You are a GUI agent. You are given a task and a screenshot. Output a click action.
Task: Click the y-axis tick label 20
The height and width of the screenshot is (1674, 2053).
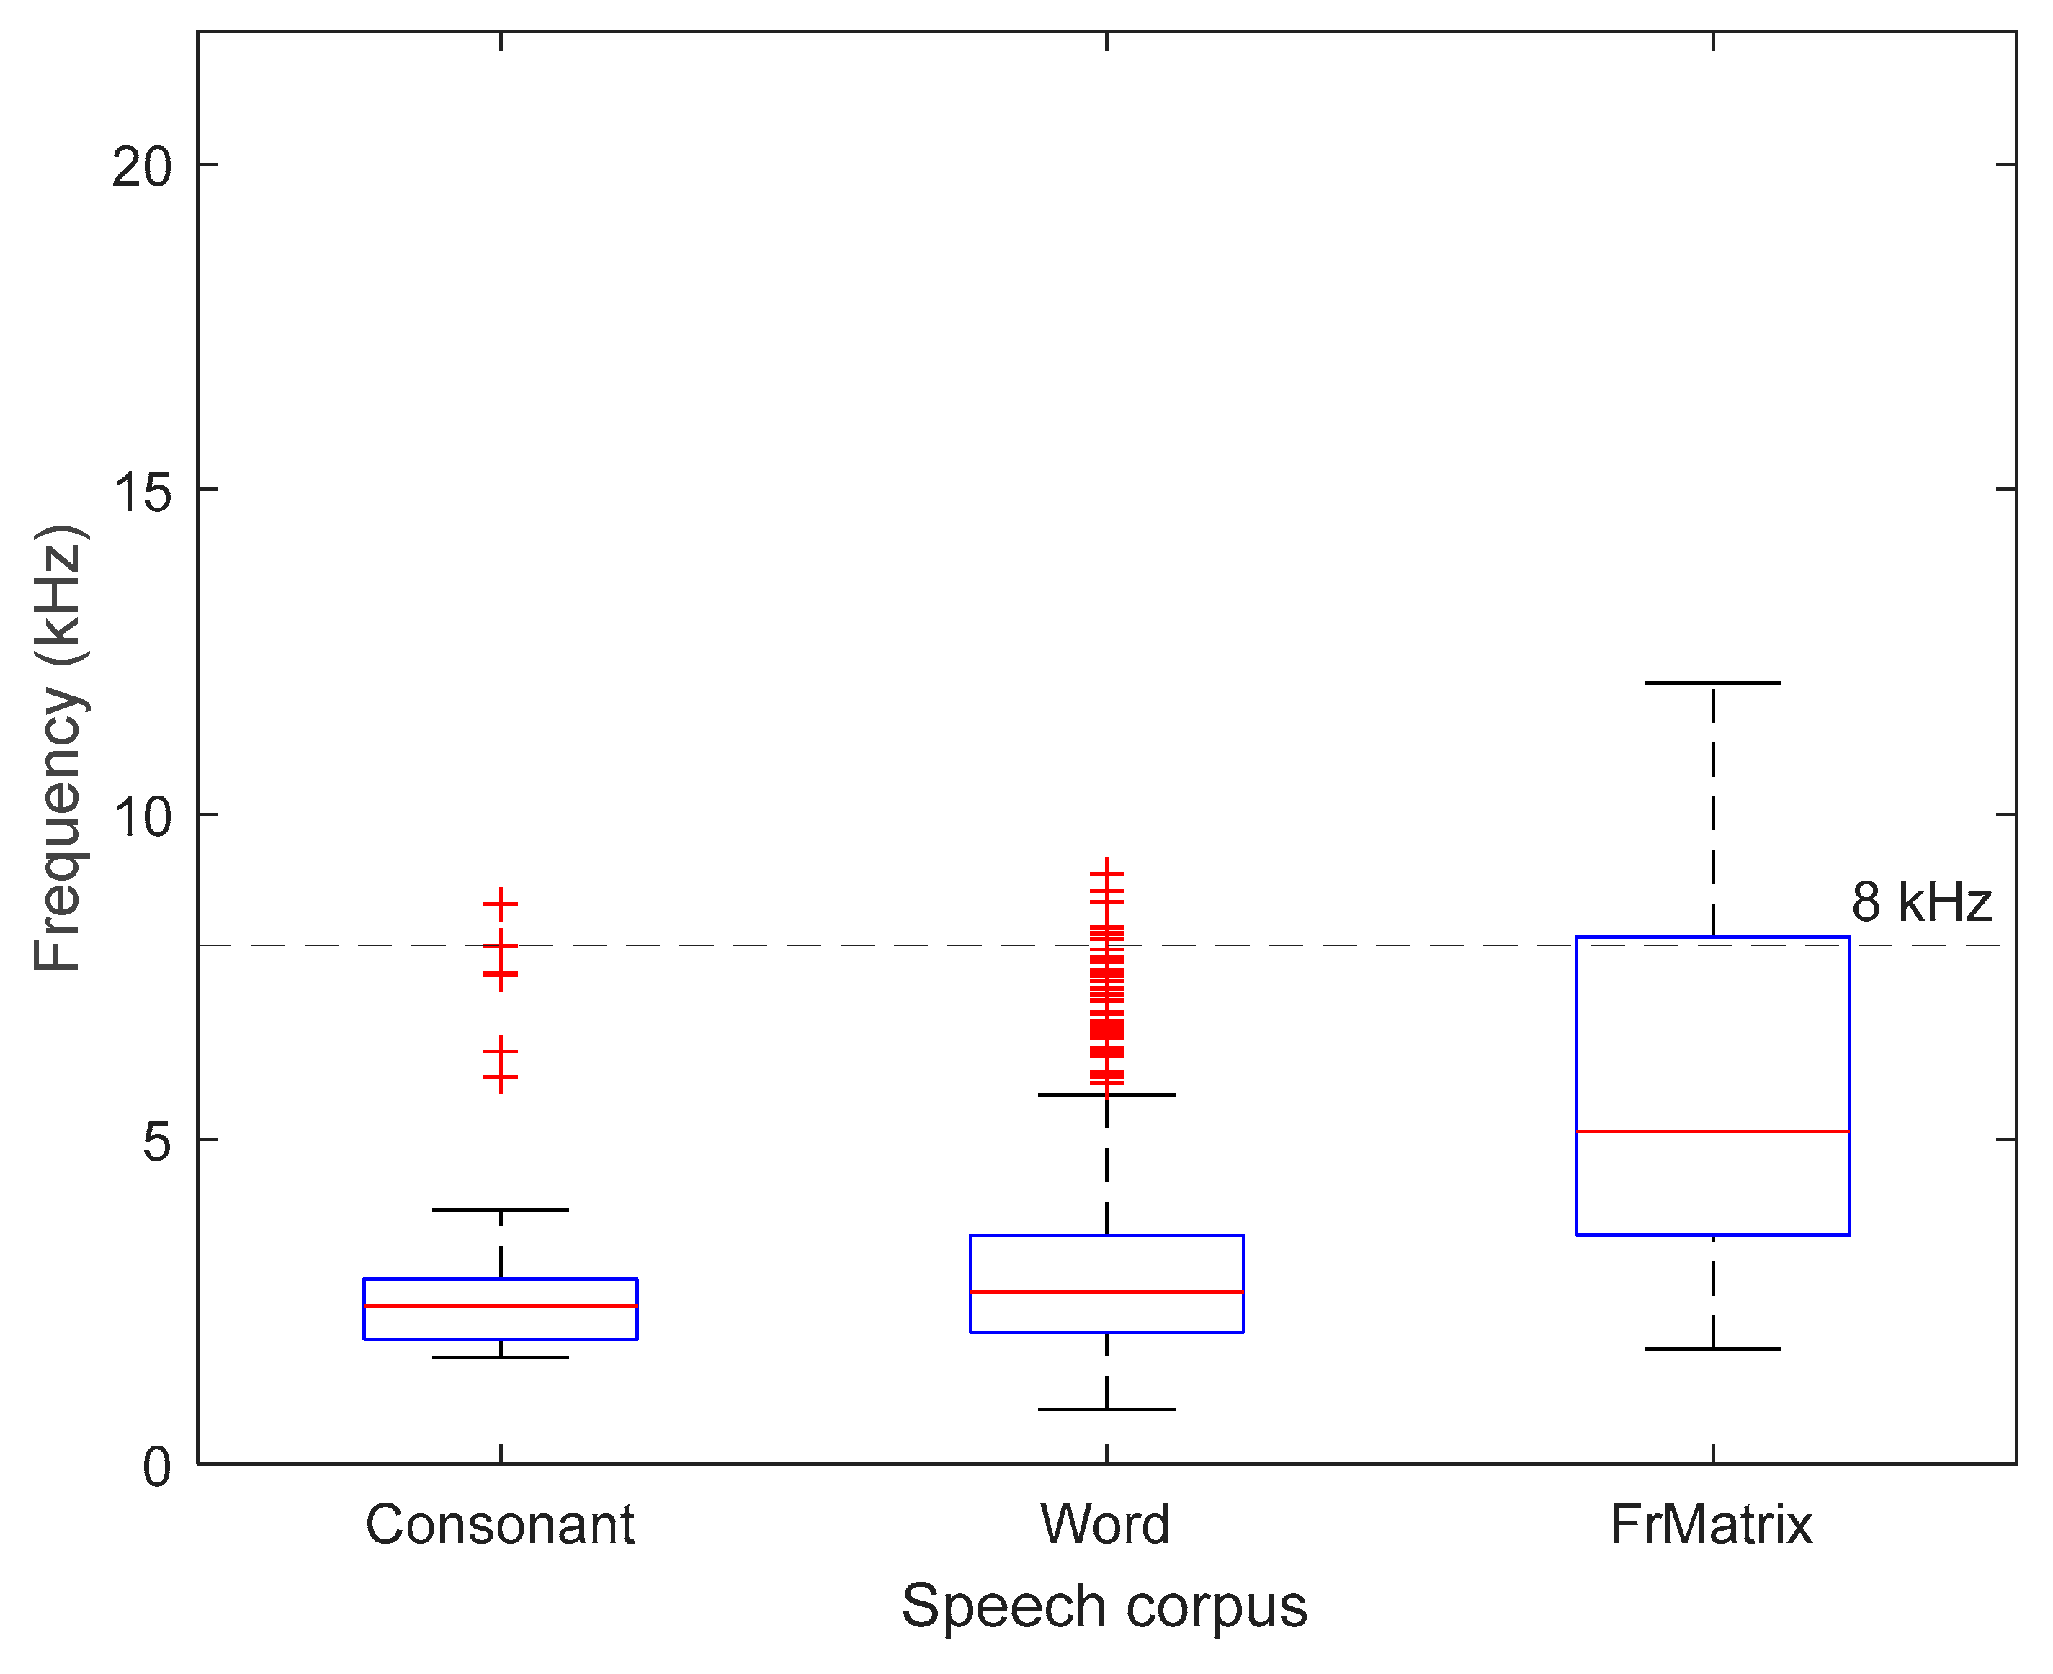coord(142,168)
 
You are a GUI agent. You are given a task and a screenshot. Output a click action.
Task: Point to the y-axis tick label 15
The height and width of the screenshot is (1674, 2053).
coord(142,492)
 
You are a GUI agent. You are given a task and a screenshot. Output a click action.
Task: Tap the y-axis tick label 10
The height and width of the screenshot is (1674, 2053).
coord(142,818)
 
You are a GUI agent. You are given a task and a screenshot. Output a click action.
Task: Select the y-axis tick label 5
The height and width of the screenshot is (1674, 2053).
coord(156,1143)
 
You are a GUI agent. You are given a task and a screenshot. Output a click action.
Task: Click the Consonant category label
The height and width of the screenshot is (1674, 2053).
coord(500,1526)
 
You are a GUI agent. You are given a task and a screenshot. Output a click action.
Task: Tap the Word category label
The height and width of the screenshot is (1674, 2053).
coord(1106,1526)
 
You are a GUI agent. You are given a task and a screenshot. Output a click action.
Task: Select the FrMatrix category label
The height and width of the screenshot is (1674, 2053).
coord(1712,1526)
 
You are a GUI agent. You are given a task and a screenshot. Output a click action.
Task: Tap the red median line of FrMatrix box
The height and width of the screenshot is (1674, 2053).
coord(1712,1131)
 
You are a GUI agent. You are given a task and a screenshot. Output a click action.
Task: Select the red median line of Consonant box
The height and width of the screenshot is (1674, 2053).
coord(500,1305)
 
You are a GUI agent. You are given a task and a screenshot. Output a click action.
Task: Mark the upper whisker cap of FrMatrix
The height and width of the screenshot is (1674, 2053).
coord(1712,683)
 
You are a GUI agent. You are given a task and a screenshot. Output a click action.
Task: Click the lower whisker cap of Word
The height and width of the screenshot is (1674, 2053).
coord(1106,1410)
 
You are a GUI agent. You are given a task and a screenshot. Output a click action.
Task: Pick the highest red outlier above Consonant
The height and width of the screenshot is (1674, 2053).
coord(500,904)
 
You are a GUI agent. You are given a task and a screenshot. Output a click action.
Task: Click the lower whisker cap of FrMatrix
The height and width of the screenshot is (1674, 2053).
coord(1712,1349)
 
